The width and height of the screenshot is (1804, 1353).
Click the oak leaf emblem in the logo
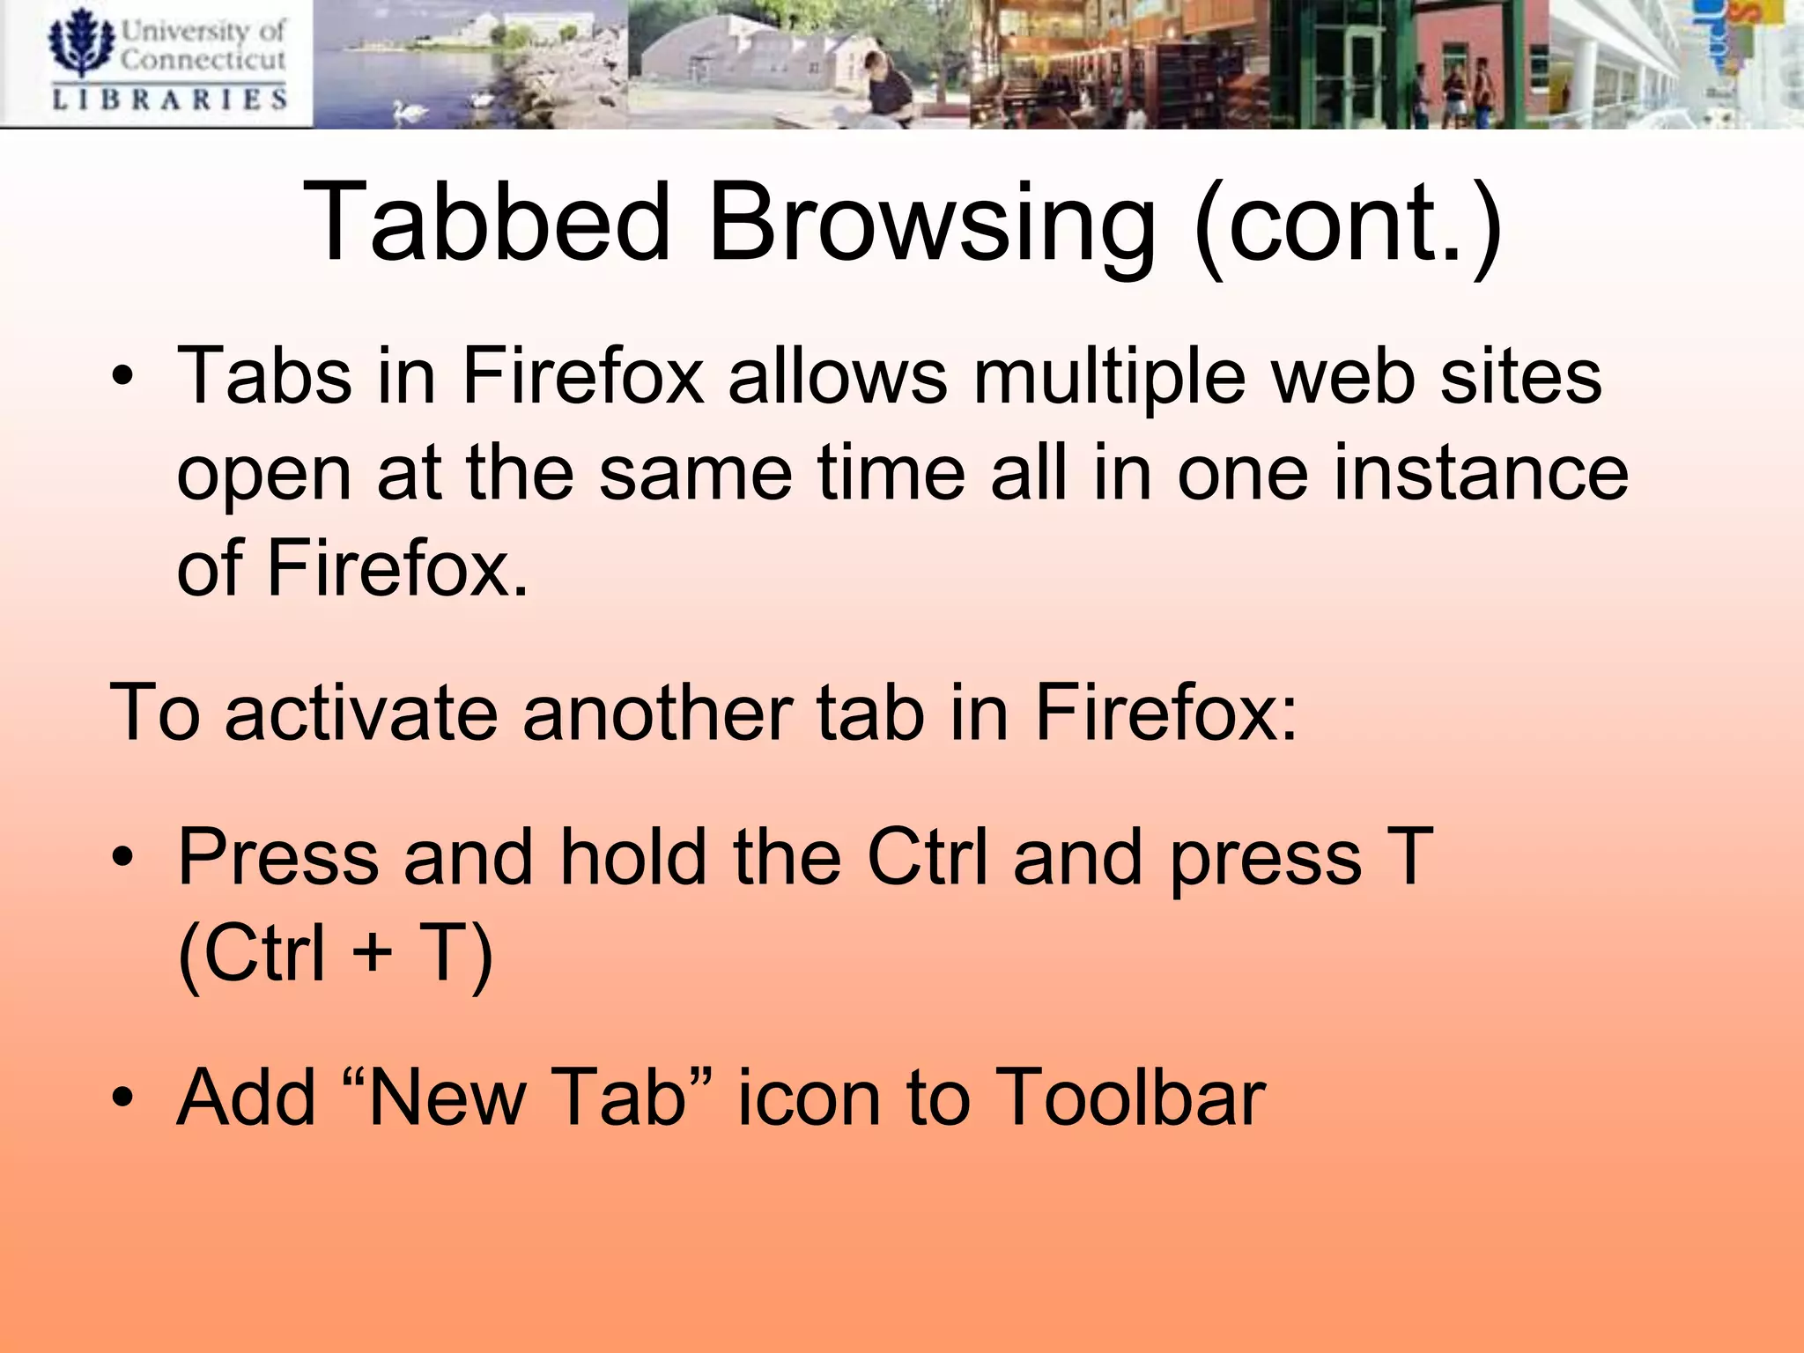point(80,44)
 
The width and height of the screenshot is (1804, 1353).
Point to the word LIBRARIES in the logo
point(170,99)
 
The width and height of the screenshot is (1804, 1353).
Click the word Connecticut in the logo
point(203,60)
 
